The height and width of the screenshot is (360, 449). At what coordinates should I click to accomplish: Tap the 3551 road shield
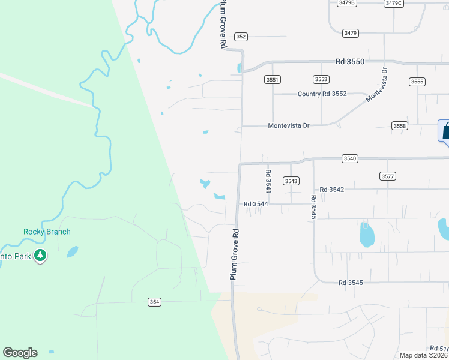coord(273,79)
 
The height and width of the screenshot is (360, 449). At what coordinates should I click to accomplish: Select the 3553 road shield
coord(321,79)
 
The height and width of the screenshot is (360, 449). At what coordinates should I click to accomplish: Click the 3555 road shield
coord(417,82)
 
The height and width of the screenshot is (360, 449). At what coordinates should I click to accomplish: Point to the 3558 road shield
coord(400,125)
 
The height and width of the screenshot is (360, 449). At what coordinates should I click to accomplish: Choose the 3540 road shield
coord(350,158)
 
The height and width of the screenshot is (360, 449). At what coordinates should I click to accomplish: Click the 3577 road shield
coord(388,176)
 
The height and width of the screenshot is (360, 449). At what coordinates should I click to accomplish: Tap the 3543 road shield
coord(291,181)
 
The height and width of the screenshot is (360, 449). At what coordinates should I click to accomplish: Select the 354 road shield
coord(155,302)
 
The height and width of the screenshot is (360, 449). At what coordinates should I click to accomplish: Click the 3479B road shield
coord(347,3)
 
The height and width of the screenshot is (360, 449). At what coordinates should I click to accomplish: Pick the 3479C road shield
coord(394,3)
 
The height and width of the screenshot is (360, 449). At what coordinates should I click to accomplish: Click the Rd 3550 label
coord(350,62)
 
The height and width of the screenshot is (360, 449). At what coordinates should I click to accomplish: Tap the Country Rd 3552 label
coord(322,94)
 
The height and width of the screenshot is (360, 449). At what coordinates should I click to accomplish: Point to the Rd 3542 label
coord(332,190)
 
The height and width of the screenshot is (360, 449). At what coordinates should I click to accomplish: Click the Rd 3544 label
coord(256,204)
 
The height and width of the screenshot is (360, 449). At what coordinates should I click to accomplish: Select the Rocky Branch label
coord(47,232)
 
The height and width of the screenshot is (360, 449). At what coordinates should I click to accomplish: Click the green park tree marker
coord(40,256)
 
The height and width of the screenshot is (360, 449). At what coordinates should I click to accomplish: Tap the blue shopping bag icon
coord(445,131)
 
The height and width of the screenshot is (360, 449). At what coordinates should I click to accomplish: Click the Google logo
coord(20,353)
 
